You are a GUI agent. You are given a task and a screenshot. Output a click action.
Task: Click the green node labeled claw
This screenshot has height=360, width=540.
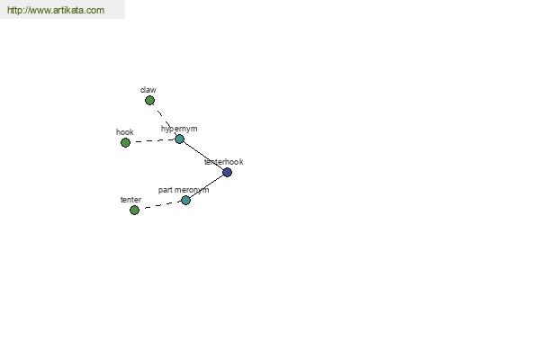click(149, 101)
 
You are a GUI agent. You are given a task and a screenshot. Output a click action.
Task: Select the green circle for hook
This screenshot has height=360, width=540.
click(125, 142)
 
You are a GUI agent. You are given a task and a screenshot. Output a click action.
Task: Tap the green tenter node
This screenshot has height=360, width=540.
click(134, 210)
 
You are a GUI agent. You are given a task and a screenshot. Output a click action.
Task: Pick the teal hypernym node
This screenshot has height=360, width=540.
click(179, 139)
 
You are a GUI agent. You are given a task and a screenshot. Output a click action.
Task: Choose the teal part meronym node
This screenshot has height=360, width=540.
click(185, 200)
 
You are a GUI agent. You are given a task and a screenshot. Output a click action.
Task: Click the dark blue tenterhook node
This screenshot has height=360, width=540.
click(227, 172)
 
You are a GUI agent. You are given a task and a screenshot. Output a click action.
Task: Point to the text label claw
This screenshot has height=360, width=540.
click(148, 90)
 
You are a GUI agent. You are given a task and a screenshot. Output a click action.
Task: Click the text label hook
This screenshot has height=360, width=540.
click(125, 132)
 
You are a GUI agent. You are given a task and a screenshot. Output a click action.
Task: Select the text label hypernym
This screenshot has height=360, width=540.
click(179, 129)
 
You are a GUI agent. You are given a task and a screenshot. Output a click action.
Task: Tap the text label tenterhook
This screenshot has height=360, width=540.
click(224, 162)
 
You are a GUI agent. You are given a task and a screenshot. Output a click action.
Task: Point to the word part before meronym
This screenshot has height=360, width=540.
click(165, 190)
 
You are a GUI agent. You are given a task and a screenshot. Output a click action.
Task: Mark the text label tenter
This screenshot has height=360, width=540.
click(130, 200)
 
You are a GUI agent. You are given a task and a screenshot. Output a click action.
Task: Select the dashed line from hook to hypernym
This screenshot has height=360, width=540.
click(153, 141)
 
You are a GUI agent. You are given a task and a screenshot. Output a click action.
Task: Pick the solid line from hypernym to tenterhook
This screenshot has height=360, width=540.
click(203, 156)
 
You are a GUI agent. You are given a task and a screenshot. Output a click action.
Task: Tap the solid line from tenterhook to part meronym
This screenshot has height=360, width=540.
click(206, 186)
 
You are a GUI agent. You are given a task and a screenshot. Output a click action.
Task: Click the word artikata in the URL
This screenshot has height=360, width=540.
click(71, 10)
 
